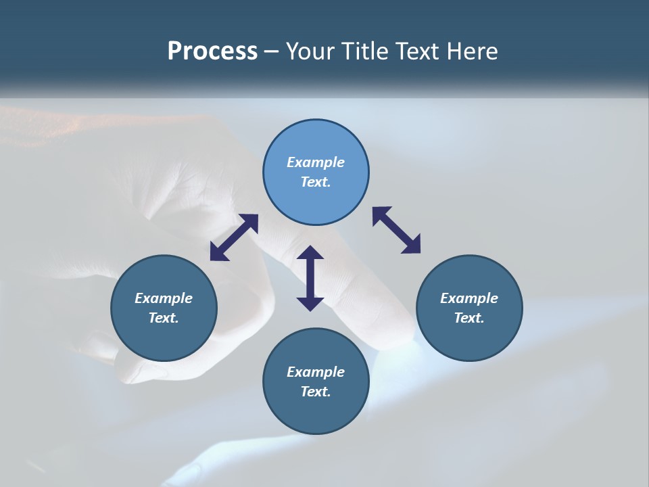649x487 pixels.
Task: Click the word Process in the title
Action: pos(212,51)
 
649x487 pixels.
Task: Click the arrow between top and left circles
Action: pos(234,237)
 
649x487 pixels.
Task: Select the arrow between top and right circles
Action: pos(396,230)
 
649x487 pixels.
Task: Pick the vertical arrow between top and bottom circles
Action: pos(310,279)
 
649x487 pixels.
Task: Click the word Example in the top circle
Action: pos(316,162)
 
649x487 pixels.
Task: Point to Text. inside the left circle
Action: pos(164,318)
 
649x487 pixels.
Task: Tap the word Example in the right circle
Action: pos(469,298)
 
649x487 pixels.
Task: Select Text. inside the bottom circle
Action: pos(316,392)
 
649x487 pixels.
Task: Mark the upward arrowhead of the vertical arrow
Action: pos(310,253)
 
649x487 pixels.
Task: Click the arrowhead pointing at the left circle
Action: pos(217,254)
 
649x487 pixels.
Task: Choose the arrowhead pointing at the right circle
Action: pos(412,246)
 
